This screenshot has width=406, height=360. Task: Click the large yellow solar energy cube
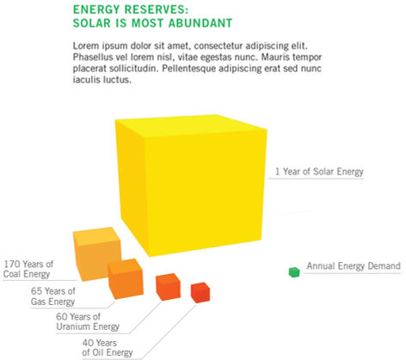191,186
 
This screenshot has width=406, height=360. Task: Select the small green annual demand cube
294,272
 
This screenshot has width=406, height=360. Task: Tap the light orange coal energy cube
97,253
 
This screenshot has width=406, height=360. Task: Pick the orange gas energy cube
126,279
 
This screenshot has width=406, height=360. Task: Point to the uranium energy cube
168,287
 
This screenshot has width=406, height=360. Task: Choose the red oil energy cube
200,292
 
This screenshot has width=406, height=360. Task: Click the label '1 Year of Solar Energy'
319,172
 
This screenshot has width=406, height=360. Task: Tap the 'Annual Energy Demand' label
354,265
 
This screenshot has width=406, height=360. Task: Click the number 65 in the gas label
37,291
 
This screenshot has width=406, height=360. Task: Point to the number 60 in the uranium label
62,316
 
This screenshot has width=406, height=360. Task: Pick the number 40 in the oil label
88,343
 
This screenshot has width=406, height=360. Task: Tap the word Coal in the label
11,274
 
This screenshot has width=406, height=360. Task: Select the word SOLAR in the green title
92,23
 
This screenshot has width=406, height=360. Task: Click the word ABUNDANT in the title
200,23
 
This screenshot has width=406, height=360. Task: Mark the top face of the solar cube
191,125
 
